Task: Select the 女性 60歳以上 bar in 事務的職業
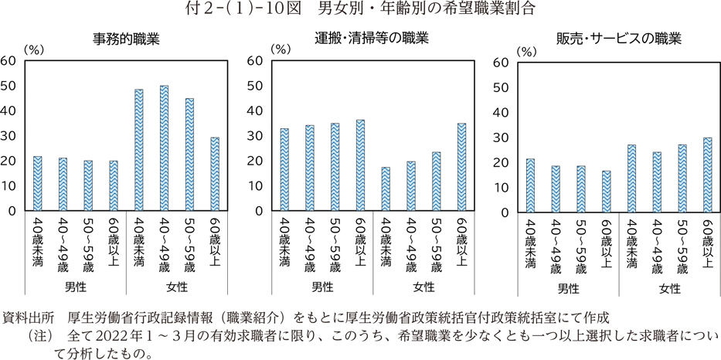tap(214, 175)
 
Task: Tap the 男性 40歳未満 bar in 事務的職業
tap(37, 184)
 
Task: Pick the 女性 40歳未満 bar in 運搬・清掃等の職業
tap(386, 189)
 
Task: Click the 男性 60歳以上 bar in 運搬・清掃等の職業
tap(360, 165)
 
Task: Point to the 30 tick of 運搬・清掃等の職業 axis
tap(255, 136)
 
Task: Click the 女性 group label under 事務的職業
tap(175, 288)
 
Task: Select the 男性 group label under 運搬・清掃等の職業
tap(322, 288)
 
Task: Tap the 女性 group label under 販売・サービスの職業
tap(669, 289)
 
